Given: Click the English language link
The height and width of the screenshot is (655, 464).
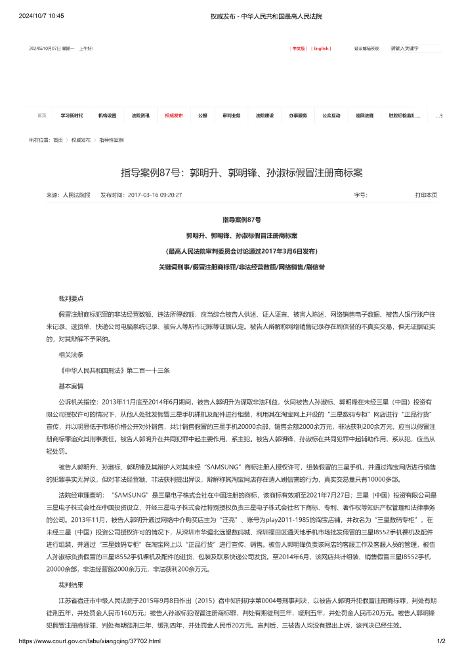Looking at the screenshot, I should click(321, 49).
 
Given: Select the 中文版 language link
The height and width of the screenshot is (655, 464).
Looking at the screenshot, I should click(299, 49).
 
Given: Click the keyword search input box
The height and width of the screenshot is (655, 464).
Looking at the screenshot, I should click(415, 49).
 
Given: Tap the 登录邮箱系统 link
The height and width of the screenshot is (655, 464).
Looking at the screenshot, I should click(367, 49).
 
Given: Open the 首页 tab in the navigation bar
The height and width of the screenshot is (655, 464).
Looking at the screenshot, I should click(42, 115).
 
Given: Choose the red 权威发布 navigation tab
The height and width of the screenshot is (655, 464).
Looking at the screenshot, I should click(174, 115).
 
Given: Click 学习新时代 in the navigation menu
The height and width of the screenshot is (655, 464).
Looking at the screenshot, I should click(72, 115).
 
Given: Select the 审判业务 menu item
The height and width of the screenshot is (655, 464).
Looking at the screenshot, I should click(232, 115).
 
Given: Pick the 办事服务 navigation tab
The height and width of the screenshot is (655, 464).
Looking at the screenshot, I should click(298, 115).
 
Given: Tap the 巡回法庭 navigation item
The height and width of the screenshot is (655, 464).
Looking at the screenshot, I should click(364, 115).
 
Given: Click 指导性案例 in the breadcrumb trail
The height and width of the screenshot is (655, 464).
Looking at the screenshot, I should click(111, 140).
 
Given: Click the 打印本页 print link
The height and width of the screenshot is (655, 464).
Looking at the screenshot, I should click(426, 195).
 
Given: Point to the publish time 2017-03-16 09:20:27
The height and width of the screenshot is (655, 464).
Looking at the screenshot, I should click(155, 195).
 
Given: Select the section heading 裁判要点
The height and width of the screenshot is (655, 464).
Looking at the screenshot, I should click(71, 298).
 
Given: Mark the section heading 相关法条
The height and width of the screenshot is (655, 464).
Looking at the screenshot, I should click(71, 354).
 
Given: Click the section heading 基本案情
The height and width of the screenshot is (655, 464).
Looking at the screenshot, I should click(71, 386).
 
